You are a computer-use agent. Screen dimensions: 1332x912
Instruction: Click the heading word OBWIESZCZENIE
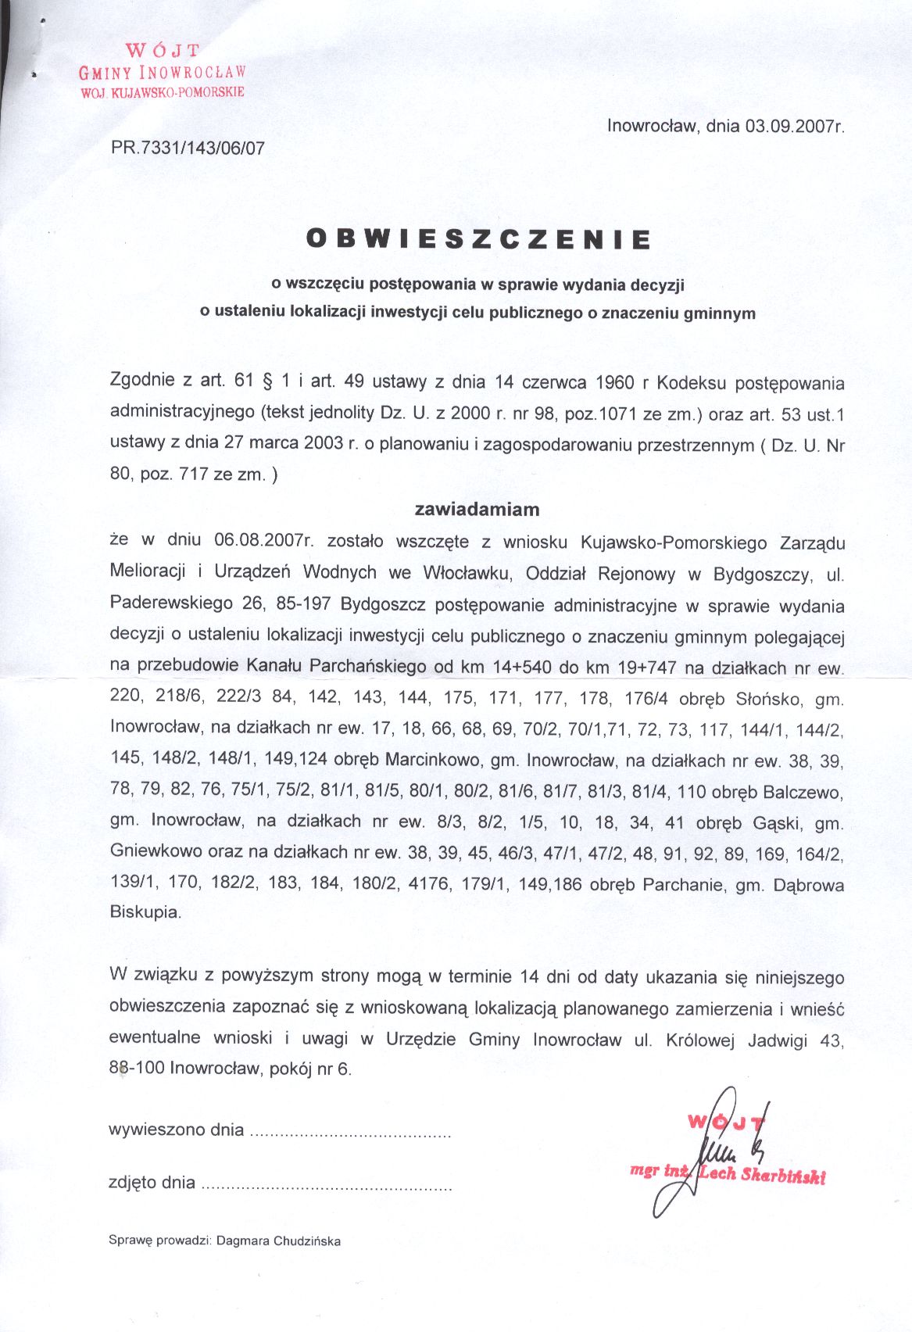coord(478,238)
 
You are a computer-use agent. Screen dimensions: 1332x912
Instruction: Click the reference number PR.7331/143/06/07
coord(188,148)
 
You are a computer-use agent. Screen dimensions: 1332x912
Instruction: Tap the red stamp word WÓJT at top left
coord(163,52)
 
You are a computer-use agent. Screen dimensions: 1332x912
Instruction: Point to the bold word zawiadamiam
coord(477,510)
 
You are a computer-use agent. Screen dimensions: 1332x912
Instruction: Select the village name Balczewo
coord(801,792)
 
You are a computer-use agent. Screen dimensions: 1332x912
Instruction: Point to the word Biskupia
coord(145,912)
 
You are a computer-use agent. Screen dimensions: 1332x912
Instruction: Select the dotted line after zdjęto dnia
coord(327,1185)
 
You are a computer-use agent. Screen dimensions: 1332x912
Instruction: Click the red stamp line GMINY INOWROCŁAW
coord(163,73)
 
